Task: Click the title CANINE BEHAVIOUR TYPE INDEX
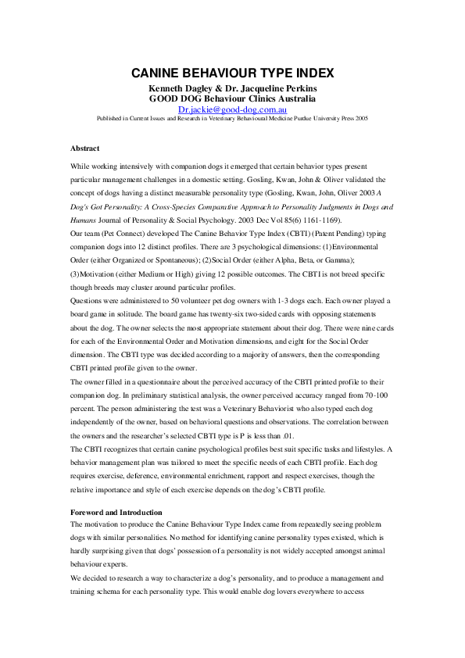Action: pyautogui.click(x=232, y=73)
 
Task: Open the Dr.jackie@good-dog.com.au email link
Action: pyautogui.click(x=232, y=110)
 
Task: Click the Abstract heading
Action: pyautogui.click(x=84, y=148)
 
